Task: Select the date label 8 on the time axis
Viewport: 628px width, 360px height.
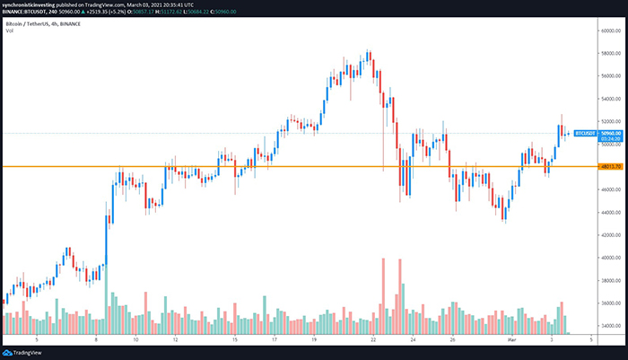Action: click(x=95, y=340)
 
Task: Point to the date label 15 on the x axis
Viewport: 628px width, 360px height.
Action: click(x=233, y=340)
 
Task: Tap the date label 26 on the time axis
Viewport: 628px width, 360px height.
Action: click(x=454, y=340)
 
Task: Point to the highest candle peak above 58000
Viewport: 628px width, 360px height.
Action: click(x=369, y=52)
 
